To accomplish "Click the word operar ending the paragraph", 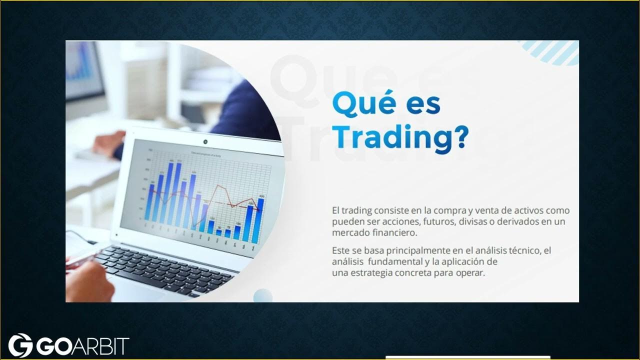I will click(x=469, y=273).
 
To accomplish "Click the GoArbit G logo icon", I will click(x=20, y=345).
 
